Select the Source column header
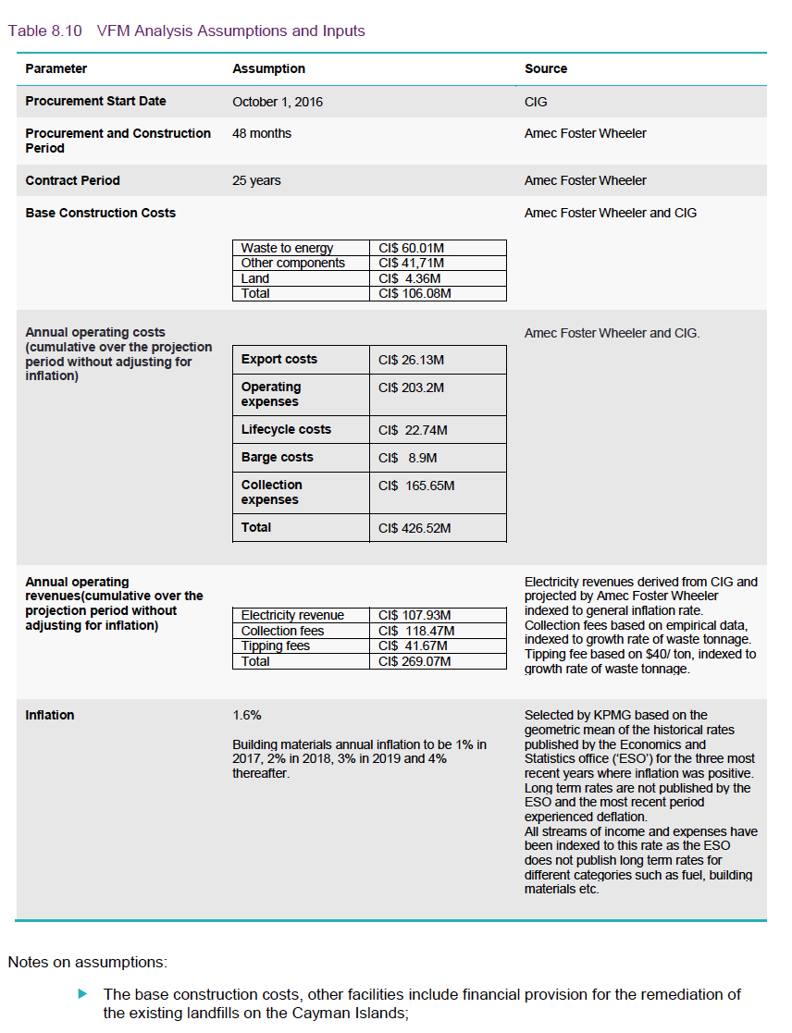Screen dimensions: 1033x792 coord(545,69)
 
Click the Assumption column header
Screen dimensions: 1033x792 coord(268,69)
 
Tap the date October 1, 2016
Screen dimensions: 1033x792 coord(278,102)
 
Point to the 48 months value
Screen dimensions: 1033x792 coord(262,134)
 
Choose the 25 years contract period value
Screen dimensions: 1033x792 coord(256,181)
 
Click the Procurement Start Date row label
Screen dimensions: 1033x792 coord(95,102)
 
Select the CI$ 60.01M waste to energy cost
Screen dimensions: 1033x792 coord(412,248)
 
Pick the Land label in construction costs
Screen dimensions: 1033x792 coord(255,278)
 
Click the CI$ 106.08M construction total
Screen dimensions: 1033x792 coord(415,293)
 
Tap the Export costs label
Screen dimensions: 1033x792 coord(278,360)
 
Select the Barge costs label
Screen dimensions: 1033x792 coord(277,458)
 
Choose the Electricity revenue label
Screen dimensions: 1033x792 coord(292,615)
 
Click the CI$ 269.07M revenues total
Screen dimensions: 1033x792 coord(415,661)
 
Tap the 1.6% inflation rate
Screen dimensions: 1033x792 coord(247,716)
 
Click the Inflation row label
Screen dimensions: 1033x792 coord(50,716)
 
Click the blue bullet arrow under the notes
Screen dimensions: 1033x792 coord(82,994)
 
